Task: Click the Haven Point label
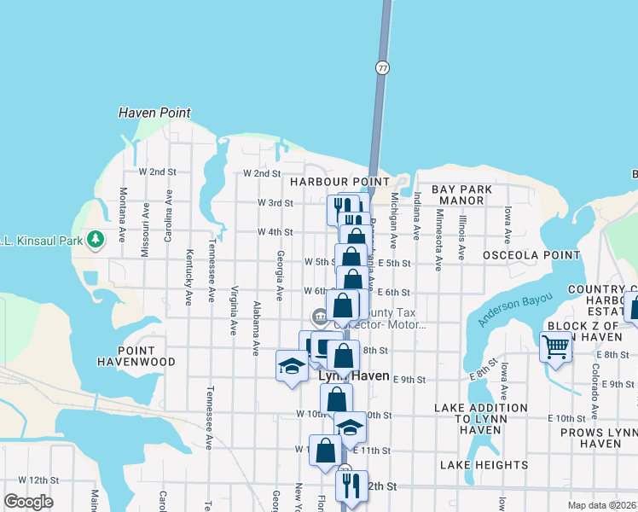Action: click(154, 113)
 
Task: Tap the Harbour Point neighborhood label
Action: click(339, 182)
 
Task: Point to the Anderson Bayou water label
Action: click(515, 308)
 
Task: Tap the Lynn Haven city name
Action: click(353, 376)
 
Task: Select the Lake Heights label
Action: click(484, 465)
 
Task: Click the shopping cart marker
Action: click(555, 346)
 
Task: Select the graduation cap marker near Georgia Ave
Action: click(292, 366)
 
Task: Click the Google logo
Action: click(29, 501)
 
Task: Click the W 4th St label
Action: click(275, 231)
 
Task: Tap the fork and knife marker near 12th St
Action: click(351, 486)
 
